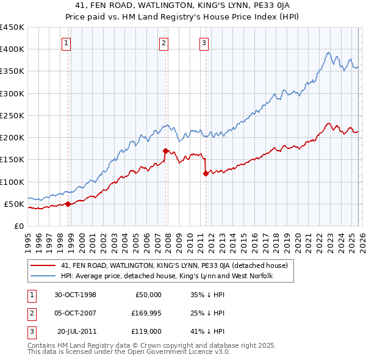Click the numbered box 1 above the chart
(x=66, y=43)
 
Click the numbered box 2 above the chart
(x=164, y=43)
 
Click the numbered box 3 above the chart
(x=204, y=43)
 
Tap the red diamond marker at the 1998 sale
(x=68, y=204)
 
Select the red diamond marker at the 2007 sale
(x=165, y=151)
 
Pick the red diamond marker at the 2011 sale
(x=206, y=173)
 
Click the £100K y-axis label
(x=12, y=182)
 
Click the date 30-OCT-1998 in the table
(x=75, y=295)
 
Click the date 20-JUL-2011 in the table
(x=76, y=331)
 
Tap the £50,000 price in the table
(x=148, y=295)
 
